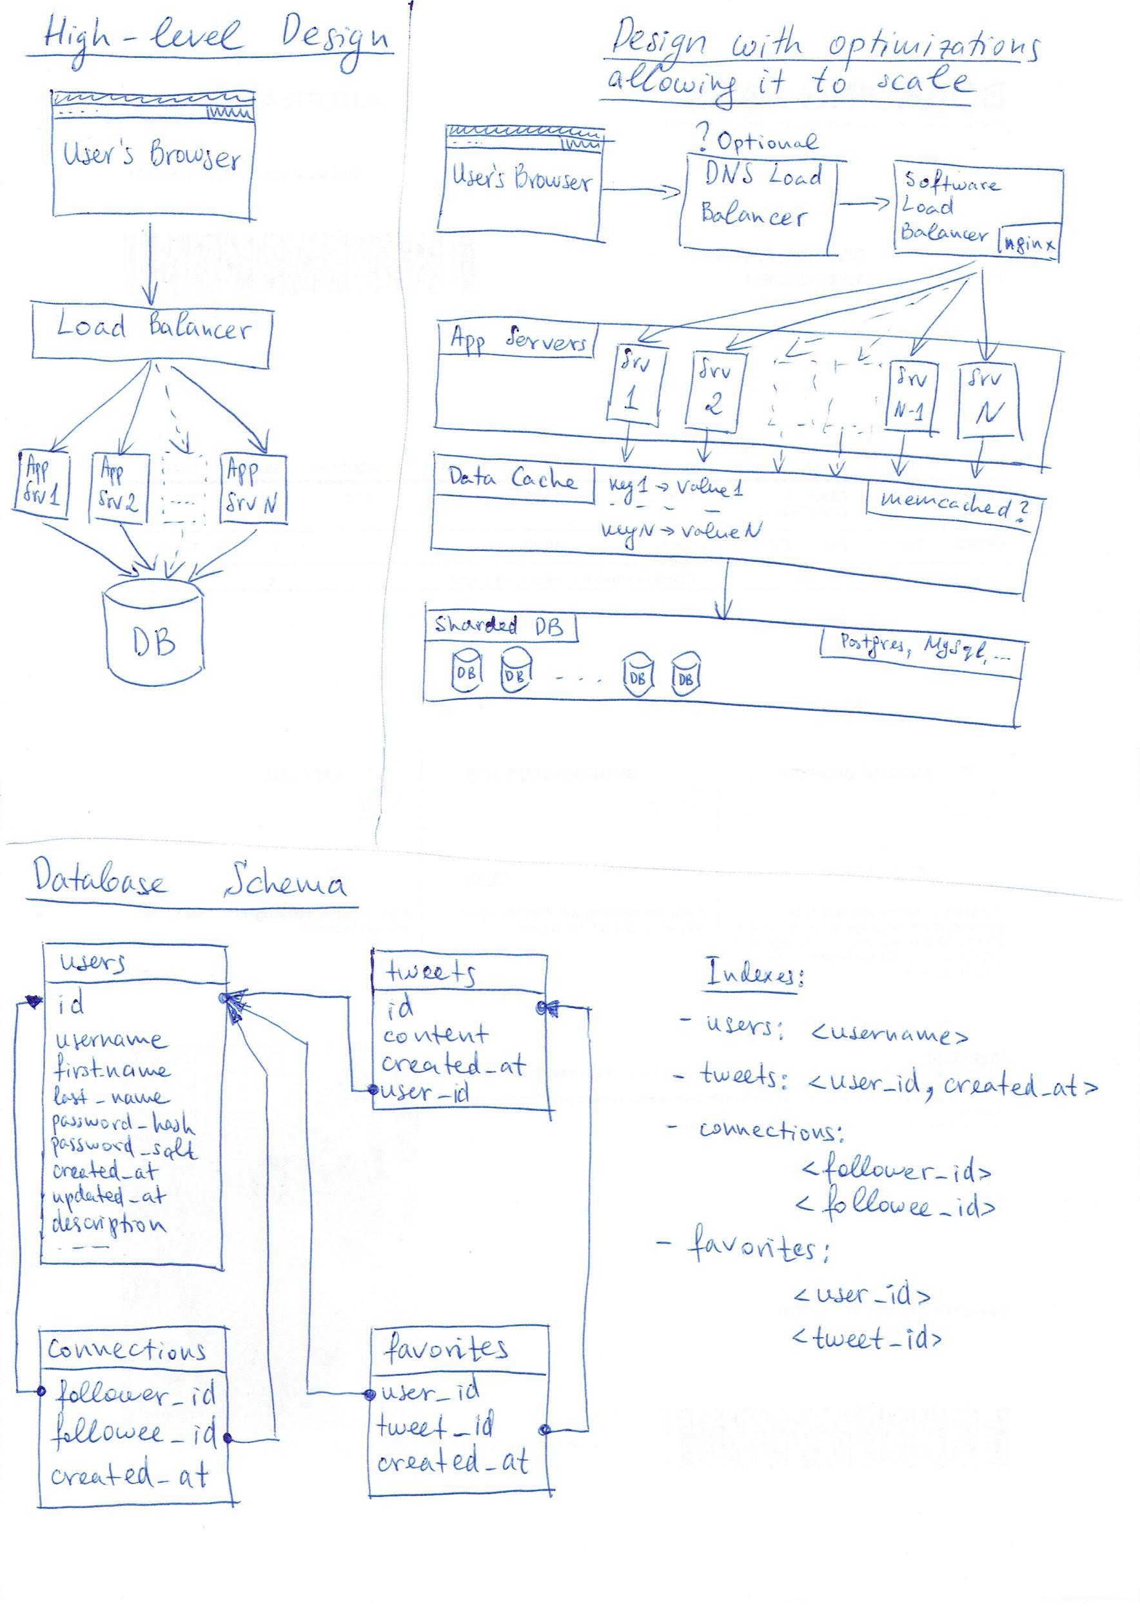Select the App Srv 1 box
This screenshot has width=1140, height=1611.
[x=42, y=485]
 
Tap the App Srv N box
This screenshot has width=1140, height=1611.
[x=253, y=488]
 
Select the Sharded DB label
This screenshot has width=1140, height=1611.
[x=500, y=626]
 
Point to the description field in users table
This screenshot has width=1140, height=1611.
[x=110, y=1224]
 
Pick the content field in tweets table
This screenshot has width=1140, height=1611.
[x=435, y=1035]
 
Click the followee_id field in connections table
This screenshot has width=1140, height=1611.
[x=135, y=1434]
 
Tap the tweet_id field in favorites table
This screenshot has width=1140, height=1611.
[x=435, y=1426]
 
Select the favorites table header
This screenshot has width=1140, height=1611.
[x=446, y=1349]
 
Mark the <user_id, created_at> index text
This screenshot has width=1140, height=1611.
[x=951, y=1085]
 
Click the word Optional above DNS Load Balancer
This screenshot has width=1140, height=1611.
[x=767, y=142]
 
